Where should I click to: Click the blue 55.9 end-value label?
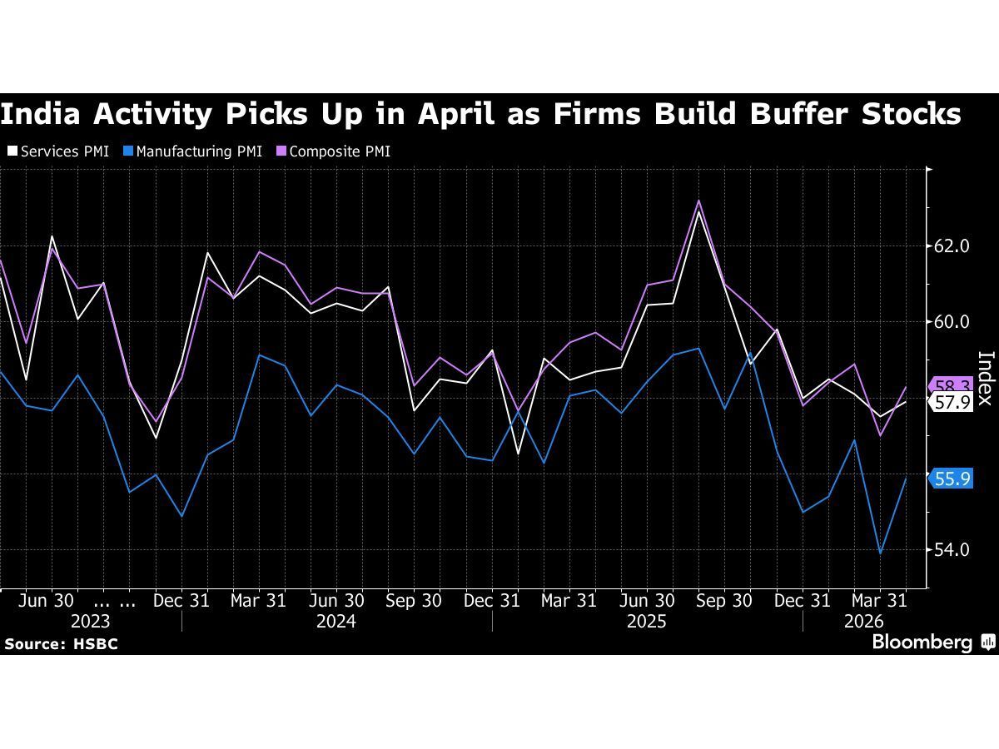952,479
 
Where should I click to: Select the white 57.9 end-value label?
952,403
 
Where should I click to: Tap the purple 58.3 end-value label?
952,386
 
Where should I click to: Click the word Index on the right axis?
985,378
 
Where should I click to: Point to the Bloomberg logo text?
922,642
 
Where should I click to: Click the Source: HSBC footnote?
60,644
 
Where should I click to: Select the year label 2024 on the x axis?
336,622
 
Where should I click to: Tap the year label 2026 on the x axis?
864,622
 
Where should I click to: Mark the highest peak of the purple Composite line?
699,201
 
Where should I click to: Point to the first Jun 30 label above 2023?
47,600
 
